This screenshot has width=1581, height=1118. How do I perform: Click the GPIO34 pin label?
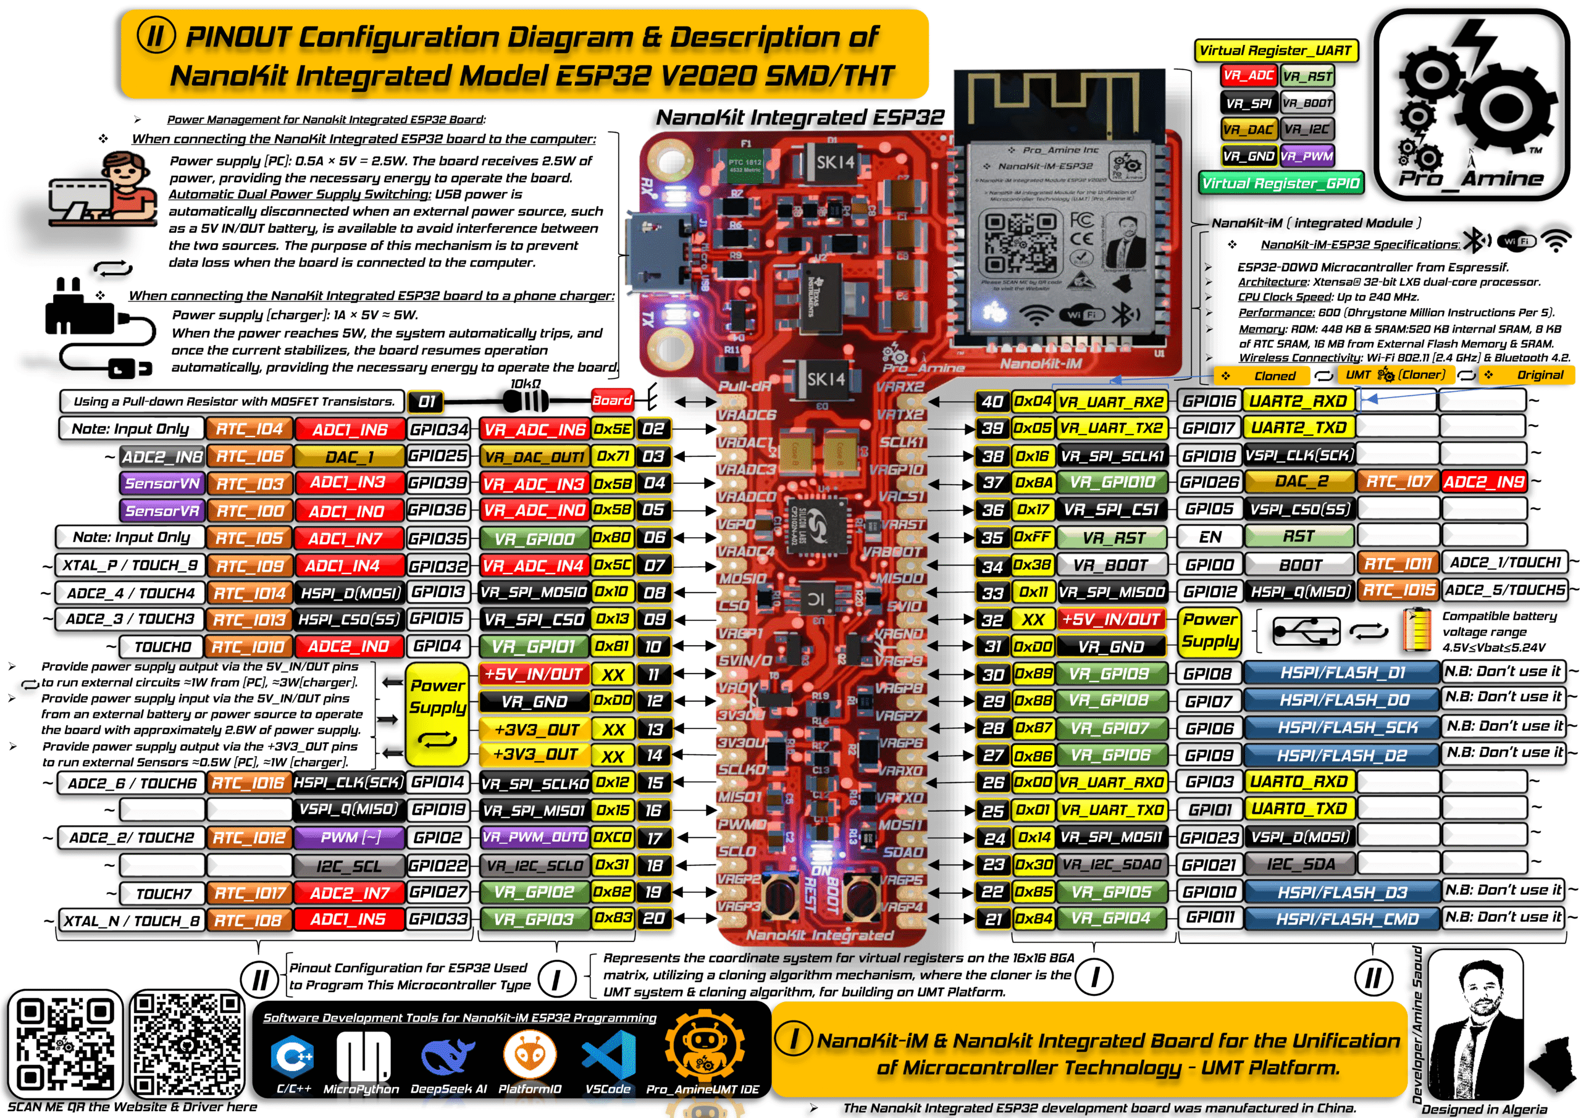click(x=438, y=430)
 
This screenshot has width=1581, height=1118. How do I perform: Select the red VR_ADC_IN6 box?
click(x=534, y=430)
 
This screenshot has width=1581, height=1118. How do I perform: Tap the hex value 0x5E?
click(x=612, y=429)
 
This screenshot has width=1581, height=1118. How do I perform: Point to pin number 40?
click(x=992, y=401)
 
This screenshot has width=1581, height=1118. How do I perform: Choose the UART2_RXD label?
click(x=1298, y=401)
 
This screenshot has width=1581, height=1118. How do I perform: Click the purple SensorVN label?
click(x=162, y=483)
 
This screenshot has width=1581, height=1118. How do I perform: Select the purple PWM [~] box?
click(x=351, y=837)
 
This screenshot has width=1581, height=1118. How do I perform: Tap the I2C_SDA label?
click(x=1299, y=864)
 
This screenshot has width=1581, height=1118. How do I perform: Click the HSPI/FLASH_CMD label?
click(x=1342, y=919)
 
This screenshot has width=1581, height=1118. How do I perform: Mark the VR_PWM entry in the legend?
click(x=1307, y=156)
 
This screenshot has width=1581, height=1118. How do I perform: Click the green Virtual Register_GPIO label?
click(x=1281, y=183)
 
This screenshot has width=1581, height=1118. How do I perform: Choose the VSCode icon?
click(x=608, y=1057)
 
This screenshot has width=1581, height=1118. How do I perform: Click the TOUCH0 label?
click(x=162, y=646)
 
